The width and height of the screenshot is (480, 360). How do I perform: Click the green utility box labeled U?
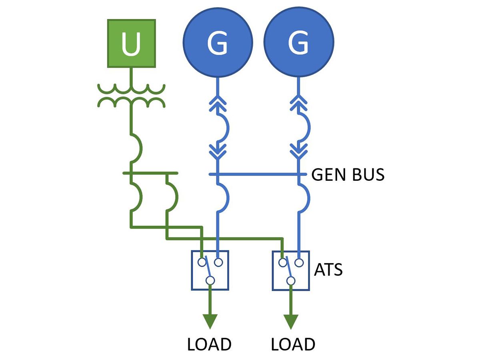131,43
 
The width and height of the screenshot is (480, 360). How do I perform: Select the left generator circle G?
218,43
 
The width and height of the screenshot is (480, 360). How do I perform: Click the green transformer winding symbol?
131,96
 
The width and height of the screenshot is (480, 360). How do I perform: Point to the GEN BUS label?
348,175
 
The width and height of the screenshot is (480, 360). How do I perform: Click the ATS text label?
328,270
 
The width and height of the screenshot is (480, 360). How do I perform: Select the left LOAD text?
209,344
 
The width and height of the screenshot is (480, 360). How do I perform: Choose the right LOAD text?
293,344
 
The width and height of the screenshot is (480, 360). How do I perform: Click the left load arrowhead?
210,321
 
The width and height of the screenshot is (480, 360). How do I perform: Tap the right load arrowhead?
291,321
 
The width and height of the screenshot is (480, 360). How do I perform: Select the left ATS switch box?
210,270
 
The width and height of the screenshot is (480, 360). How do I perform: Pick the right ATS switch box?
291,270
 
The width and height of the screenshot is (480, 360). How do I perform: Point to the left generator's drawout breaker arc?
223,127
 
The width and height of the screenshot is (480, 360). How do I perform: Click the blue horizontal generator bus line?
260,174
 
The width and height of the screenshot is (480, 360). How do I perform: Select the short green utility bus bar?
150,173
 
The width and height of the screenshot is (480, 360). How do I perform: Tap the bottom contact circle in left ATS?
210,280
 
